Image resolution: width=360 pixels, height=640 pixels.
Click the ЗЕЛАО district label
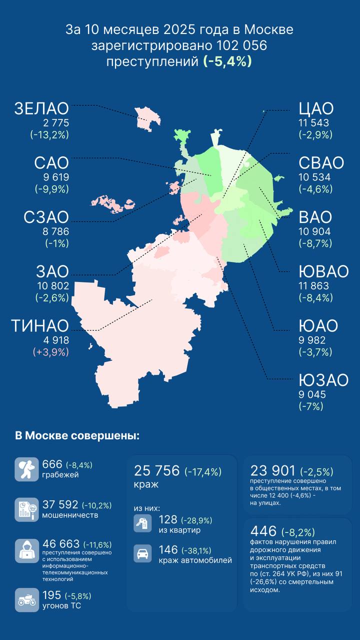coord(41,108)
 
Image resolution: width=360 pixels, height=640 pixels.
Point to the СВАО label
coord(321,163)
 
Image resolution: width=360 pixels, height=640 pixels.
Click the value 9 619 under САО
coord(52,177)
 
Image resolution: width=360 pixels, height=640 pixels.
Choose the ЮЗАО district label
coord(323,380)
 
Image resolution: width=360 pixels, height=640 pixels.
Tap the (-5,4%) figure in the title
coord(227,61)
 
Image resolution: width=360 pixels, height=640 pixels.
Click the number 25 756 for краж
coord(156,471)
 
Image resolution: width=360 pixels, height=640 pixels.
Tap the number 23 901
coord(272,471)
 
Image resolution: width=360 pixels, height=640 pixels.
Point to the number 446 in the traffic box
coord(263,531)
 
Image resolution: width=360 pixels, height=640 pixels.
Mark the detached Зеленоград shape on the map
coord(147,118)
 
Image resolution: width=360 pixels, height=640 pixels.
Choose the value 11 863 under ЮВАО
coord(314,286)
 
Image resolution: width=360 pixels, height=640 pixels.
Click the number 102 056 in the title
coord(242,46)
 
